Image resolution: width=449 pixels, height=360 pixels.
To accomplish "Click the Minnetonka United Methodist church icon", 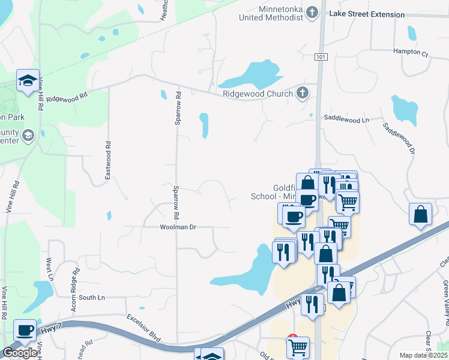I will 312,13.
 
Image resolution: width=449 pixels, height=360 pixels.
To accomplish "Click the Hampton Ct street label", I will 411,52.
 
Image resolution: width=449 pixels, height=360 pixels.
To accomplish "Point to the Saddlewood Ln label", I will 346,119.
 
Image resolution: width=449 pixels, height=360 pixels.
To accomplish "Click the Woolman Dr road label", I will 178,227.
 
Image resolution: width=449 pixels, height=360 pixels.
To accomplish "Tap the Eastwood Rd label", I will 109,158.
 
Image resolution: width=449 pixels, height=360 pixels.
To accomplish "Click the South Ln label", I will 92,298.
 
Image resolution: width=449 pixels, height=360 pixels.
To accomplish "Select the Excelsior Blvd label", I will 145,328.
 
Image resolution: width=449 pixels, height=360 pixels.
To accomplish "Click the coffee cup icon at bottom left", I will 25,330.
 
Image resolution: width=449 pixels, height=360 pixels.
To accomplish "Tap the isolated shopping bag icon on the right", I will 421,214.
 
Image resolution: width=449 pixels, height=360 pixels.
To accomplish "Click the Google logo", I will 19,353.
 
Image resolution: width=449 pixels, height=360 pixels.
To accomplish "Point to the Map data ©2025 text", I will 423,355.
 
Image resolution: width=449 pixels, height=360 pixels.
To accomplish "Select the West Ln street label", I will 49,270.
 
